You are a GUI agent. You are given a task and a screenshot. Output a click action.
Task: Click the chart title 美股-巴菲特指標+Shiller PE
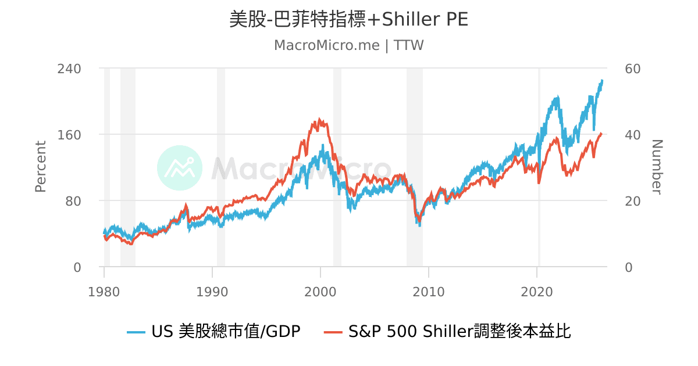coord(348,19)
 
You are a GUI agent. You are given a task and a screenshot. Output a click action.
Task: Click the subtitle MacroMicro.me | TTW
coord(348,45)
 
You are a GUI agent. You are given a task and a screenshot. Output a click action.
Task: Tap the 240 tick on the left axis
coord(69,69)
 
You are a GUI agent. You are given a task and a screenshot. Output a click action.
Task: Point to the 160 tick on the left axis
coord(69,134)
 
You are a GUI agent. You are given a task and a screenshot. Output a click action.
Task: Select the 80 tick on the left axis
coord(73,200)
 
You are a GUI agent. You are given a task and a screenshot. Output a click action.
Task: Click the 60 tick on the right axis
coord(632,69)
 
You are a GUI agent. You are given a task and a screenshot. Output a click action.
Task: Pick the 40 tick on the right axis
coord(632,134)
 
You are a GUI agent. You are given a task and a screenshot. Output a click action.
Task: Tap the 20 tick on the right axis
coord(632,200)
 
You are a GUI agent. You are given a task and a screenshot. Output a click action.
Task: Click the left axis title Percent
coord(40,167)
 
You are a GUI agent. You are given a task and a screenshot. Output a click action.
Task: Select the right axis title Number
coord(657,167)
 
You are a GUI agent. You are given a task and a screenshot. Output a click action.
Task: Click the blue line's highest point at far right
coord(602,81)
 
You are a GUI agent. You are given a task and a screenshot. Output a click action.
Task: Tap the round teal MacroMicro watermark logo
coord(180,168)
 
